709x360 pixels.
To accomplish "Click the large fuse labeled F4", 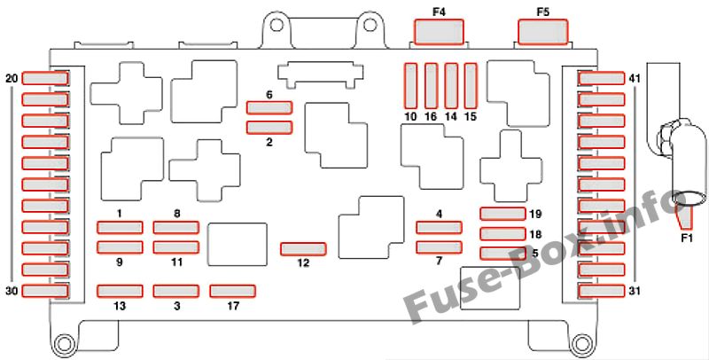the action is point(439,32).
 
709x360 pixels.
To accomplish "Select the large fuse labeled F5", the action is point(542,32).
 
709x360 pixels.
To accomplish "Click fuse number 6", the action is point(269,107).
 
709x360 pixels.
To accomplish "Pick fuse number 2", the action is point(269,128).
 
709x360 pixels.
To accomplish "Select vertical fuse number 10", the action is point(410,86).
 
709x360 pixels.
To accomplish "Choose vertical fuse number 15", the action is point(471,86).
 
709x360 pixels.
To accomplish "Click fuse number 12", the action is point(303,249).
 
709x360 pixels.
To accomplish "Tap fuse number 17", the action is point(233,291).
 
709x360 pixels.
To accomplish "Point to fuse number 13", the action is point(120,291).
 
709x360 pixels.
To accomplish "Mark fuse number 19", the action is point(503,214).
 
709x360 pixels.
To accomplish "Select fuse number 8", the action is point(175,227).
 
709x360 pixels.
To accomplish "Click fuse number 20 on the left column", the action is point(45,78).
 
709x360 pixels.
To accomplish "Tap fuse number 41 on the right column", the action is point(602,78).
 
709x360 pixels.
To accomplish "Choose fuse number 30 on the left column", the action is point(45,291).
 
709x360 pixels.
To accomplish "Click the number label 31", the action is point(635,291).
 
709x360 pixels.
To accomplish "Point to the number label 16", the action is point(431,117).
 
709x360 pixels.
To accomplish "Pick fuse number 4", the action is point(439,227).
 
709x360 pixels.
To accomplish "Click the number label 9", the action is point(120,262).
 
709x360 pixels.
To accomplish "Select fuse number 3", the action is point(175,291).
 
